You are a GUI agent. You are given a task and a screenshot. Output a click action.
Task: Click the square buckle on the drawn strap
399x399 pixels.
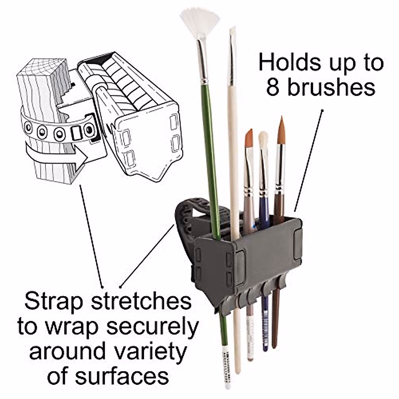tap(76, 132)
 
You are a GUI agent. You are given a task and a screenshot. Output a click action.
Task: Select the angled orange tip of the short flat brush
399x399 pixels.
tap(249, 138)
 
